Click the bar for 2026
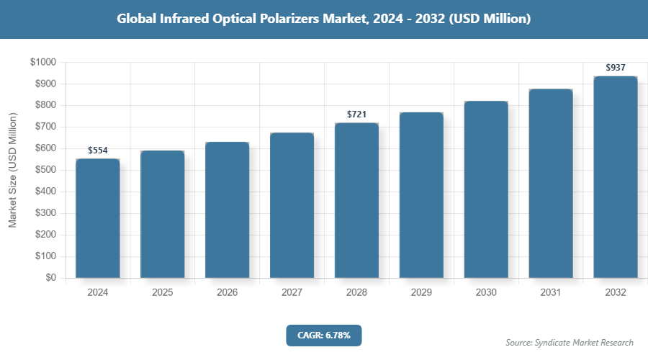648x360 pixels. [x=228, y=210]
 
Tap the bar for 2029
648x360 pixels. [x=421, y=195]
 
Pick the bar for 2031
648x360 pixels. [x=551, y=184]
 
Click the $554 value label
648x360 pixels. [x=98, y=150]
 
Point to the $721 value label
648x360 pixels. [x=357, y=114]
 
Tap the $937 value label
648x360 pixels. [x=616, y=68]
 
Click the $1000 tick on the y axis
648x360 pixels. [x=42, y=63]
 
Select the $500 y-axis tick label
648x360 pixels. [x=45, y=170]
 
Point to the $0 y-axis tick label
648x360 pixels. [x=50, y=278]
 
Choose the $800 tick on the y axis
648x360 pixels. [x=45, y=106]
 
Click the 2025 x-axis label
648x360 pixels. [x=163, y=293]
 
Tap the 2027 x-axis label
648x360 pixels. [x=292, y=293]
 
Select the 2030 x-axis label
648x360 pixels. [x=486, y=293]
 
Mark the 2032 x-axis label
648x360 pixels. [x=616, y=293]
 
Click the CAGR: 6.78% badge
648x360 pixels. [x=323, y=335]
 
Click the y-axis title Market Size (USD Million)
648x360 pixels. [x=12, y=170]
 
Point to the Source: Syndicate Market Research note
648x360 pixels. [x=570, y=342]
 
